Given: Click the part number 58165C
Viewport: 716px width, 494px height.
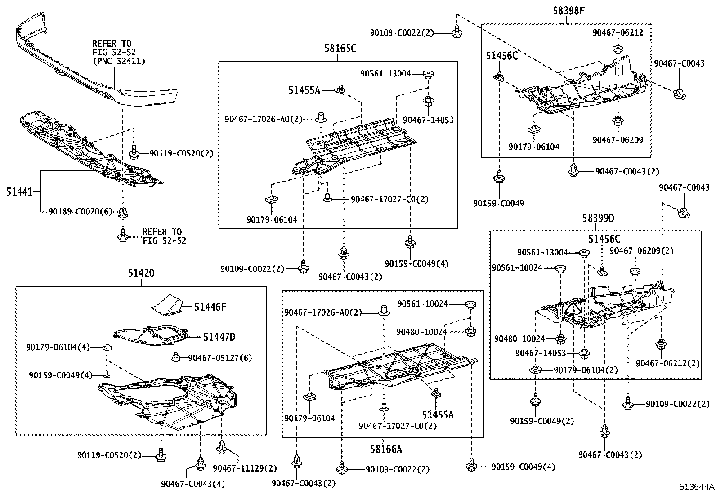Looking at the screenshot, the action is (x=340, y=49).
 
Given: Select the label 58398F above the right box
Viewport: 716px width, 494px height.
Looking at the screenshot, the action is (x=568, y=11).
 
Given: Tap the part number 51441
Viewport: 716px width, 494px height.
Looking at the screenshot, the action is (x=19, y=192).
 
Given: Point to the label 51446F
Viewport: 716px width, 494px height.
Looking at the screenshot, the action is (x=210, y=307).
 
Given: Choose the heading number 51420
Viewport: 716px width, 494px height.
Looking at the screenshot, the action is (x=141, y=273).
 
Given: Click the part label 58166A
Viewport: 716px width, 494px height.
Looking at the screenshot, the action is (x=386, y=449).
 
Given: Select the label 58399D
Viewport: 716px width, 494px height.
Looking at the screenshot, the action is (x=598, y=218).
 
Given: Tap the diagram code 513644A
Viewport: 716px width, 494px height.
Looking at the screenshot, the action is (x=697, y=486).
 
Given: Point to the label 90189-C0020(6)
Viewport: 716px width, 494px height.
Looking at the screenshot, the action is (x=80, y=211).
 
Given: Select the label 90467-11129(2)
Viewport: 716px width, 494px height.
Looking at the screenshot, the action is (x=245, y=468).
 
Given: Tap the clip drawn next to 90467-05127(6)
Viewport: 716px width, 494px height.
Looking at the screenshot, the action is (x=176, y=357).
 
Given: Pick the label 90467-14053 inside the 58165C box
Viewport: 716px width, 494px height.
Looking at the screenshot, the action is (x=428, y=120).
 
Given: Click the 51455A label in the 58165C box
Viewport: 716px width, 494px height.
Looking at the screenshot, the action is (x=304, y=90).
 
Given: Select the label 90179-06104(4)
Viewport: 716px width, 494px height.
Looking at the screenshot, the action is (x=58, y=347).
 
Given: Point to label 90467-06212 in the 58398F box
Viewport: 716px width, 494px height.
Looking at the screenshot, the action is (x=618, y=32).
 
